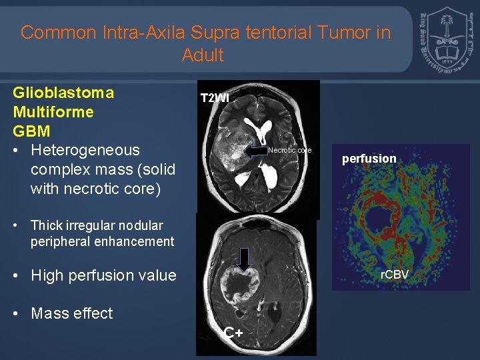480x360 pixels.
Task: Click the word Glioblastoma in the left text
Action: coord(63,93)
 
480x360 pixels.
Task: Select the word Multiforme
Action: coord(53,111)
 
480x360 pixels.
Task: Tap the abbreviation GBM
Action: coord(31,130)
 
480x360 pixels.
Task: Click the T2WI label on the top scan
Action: coord(215,98)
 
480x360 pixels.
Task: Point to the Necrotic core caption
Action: coord(289,150)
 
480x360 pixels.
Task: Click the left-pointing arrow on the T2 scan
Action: coord(255,151)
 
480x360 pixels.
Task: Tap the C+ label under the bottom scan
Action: coord(233,333)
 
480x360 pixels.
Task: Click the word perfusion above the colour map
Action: coord(369,159)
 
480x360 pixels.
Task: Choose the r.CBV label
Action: coord(394,274)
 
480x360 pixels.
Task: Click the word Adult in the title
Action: coord(203,55)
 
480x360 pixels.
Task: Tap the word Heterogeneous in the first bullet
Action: coord(85,150)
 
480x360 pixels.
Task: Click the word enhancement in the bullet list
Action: coord(135,241)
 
